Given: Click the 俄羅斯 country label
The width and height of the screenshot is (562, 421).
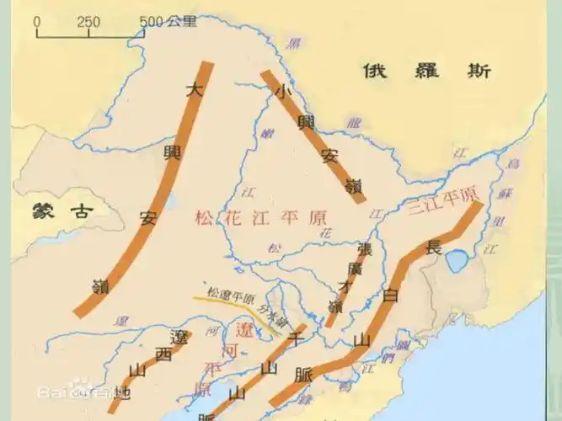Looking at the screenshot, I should tap(426, 71).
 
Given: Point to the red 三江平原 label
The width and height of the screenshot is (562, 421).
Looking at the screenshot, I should tap(442, 205).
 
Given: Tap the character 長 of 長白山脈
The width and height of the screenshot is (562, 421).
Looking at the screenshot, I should tap(434, 248).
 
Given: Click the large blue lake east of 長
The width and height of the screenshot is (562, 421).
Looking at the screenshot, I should tap(459, 263).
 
